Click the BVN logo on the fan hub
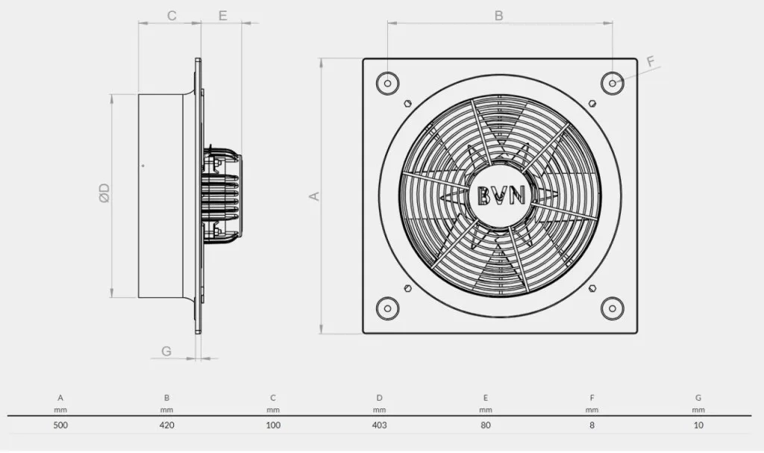point(501,196)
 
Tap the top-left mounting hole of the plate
point(388,83)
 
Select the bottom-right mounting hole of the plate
point(613,308)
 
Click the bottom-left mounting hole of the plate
point(388,308)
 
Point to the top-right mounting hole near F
point(613,83)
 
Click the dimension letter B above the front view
point(498,16)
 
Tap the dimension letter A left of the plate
point(315,196)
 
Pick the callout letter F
point(651,62)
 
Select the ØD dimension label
point(104,193)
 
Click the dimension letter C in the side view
point(172,16)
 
